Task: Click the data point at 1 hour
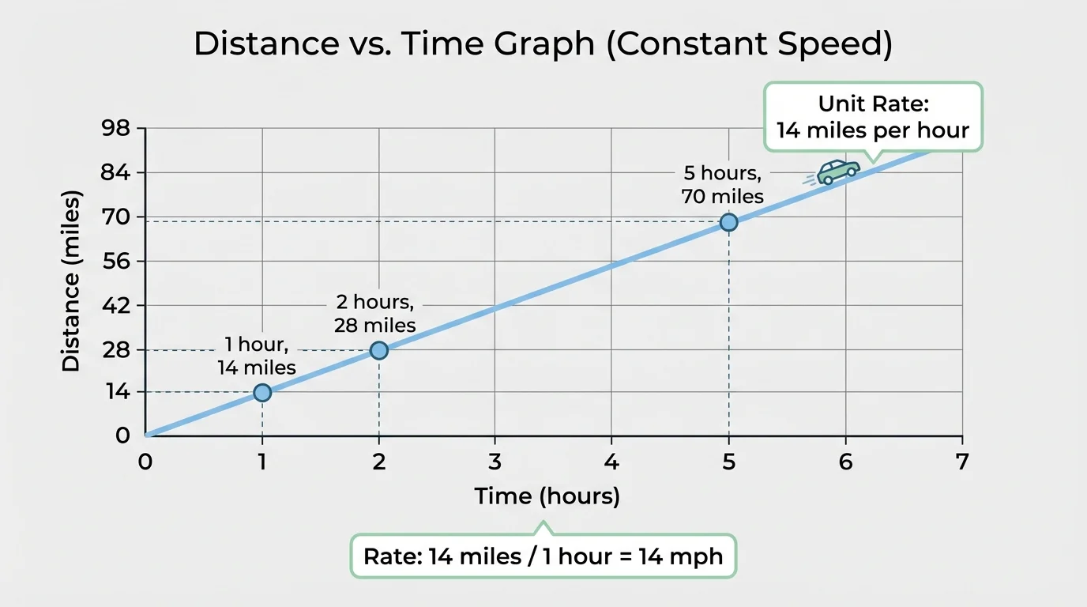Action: [x=262, y=393]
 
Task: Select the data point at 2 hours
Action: [x=379, y=350]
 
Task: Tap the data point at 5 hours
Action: [x=728, y=222]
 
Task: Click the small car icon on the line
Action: [x=837, y=172]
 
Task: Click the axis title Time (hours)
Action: [x=547, y=496]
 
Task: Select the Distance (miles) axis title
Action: [x=71, y=281]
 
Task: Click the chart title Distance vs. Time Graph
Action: [x=543, y=45]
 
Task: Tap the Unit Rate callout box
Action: [x=872, y=117]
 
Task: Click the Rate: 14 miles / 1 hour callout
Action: [x=543, y=556]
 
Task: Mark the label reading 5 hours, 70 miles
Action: [x=723, y=184]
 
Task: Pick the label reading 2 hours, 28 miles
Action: [x=374, y=314]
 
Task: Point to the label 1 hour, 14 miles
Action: [x=257, y=356]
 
